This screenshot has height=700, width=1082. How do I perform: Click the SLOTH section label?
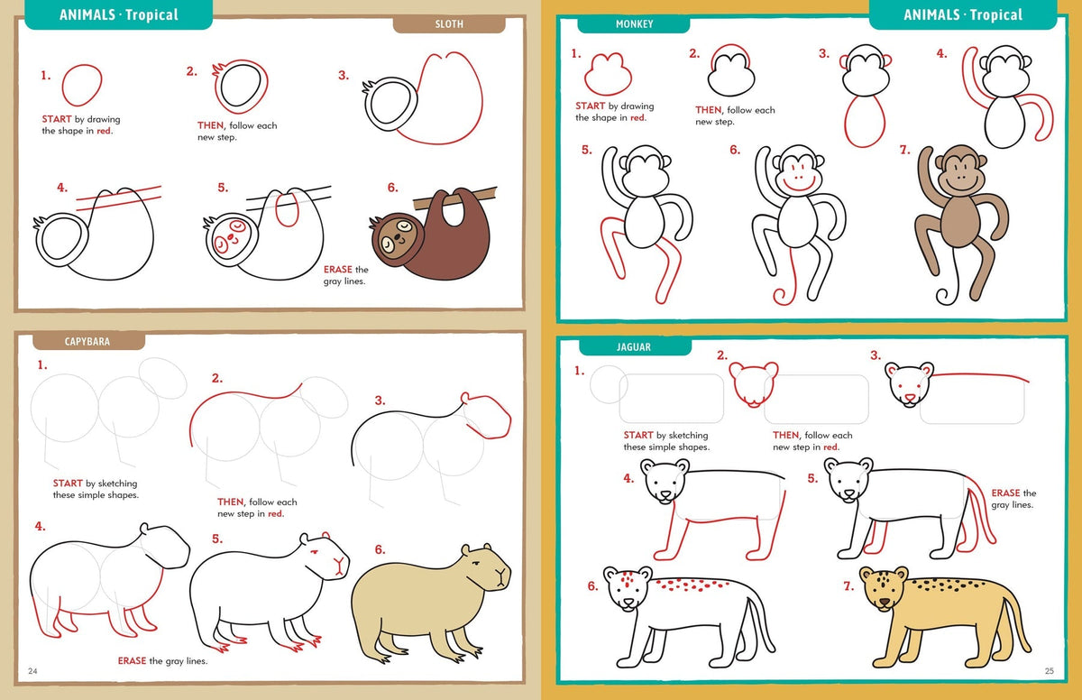coord(448,24)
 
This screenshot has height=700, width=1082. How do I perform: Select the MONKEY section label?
coord(634,24)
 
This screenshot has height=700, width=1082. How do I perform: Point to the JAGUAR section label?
coord(634,346)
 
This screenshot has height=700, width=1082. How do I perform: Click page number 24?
coord(32,670)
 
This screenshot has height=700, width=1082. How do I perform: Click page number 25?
coord(1050,670)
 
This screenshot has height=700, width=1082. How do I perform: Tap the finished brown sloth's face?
coord(394,237)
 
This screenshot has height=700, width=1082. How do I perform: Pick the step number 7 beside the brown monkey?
coord(904,150)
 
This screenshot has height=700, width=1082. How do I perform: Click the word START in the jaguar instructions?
coord(637,436)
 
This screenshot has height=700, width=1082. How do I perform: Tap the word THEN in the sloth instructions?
coord(212,125)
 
